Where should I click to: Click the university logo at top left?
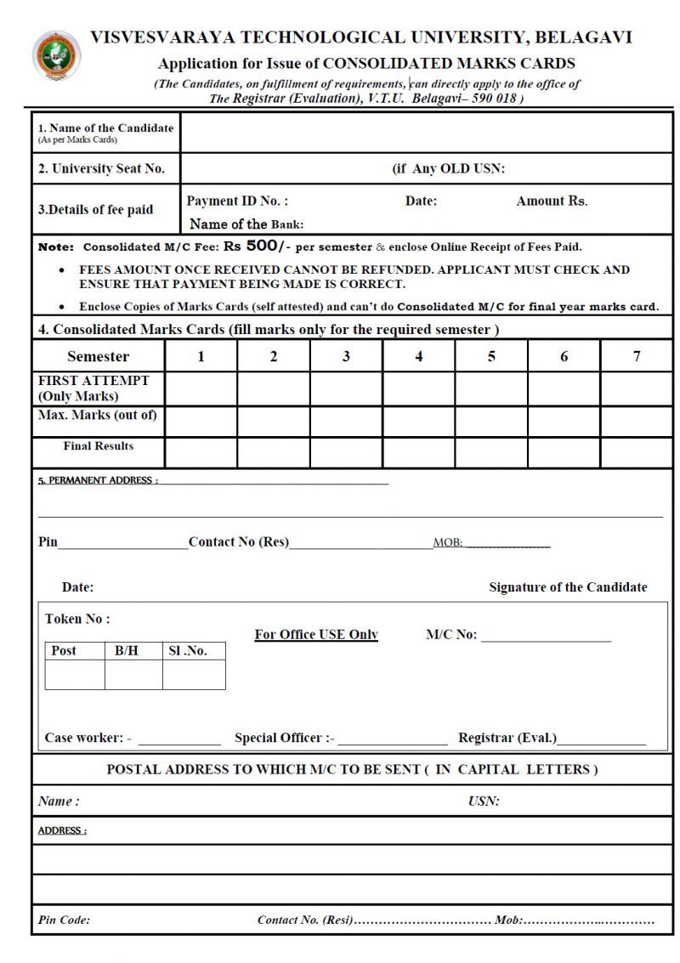(x=56, y=55)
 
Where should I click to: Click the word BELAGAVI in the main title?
(x=585, y=37)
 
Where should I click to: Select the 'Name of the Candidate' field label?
(x=105, y=128)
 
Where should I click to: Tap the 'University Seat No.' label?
(x=101, y=168)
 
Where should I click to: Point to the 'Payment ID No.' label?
(x=237, y=201)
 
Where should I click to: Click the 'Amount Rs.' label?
(x=552, y=201)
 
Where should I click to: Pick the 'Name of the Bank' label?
(x=246, y=224)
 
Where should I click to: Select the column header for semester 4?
(x=418, y=356)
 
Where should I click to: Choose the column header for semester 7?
(x=636, y=356)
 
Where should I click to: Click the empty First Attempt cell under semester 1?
(x=201, y=388)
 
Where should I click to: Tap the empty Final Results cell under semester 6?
(x=564, y=452)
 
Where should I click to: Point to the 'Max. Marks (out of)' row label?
(x=97, y=416)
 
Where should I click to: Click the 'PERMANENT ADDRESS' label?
(x=98, y=480)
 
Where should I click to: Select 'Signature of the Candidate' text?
(x=568, y=587)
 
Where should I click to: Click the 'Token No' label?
(x=77, y=619)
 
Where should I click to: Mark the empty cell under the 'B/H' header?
(x=133, y=674)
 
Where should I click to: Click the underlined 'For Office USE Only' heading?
(x=316, y=635)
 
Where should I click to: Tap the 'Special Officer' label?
(x=284, y=738)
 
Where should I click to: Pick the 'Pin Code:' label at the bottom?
(x=65, y=920)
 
